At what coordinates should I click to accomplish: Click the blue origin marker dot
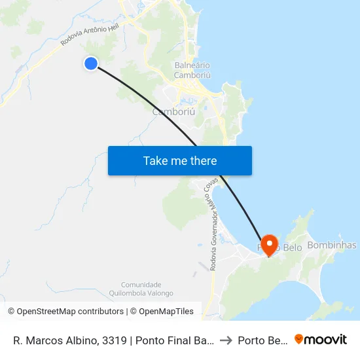point(91,63)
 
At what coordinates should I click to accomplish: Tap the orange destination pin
point(268,244)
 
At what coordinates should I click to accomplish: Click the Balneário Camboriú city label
point(192,70)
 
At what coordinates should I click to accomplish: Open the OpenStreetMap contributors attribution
point(66,312)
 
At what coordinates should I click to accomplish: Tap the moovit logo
point(320,340)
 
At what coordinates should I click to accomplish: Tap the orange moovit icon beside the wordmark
point(299,340)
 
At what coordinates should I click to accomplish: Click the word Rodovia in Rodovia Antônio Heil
point(73,39)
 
